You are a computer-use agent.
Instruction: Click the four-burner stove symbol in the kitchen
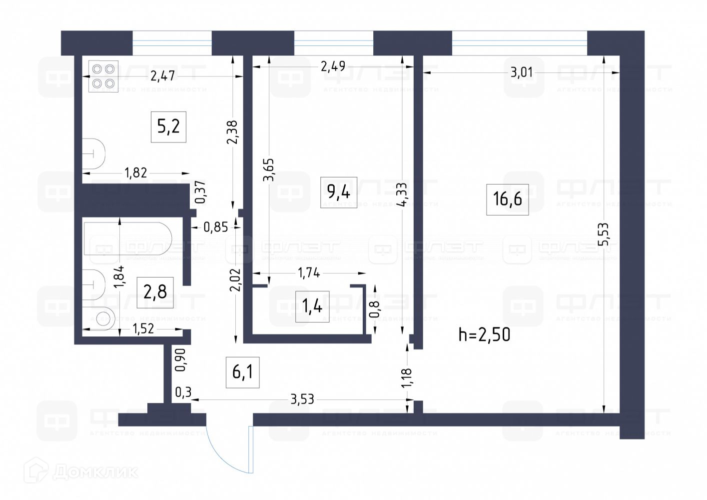click(x=103, y=76)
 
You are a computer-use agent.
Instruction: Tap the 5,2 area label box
click(x=168, y=127)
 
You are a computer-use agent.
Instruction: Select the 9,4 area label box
click(x=338, y=191)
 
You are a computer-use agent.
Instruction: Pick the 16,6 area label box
click(x=507, y=198)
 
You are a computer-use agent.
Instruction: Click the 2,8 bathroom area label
click(x=155, y=291)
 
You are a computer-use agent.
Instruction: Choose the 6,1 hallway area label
click(x=242, y=372)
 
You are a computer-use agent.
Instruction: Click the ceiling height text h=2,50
click(x=484, y=334)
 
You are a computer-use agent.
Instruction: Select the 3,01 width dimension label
click(x=522, y=72)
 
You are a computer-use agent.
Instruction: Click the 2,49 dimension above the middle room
click(x=333, y=65)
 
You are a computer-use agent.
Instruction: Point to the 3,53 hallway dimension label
click(x=302, y=399)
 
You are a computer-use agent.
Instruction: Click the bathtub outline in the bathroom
click(x=127, y=238)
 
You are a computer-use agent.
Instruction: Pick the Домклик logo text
click(x=95, y=471)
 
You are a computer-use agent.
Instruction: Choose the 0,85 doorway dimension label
click(x=216, y=227)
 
